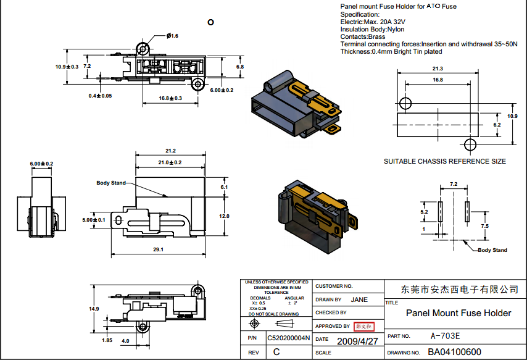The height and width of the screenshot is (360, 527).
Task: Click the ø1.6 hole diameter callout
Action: click(x=172, y=36)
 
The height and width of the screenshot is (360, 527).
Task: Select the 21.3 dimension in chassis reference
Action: click(x=438, y=69)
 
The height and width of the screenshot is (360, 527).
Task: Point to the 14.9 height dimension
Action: click(x=94, y=308)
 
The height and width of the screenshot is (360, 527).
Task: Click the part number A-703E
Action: click(x=445, y=337)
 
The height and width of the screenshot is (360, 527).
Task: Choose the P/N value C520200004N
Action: click(x=289, y=338)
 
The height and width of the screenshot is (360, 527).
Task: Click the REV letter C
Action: click(x=276, y=351)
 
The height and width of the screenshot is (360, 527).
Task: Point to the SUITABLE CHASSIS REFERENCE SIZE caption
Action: click(x=444, y=161)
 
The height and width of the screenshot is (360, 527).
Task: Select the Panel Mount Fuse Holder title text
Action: click(x=458, y=313)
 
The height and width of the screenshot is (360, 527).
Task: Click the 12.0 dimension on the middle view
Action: click(x=224, y=216)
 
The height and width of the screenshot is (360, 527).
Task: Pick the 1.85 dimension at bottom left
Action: click(x=107, y=340)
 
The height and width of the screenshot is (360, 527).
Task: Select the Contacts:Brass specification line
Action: click(x=363, y=37)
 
